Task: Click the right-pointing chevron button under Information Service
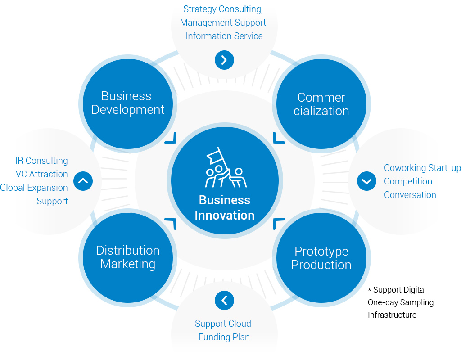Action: tap(224, 60)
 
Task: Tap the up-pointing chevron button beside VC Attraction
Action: tap(83, 181)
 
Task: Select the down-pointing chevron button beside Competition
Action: tap(366, 181)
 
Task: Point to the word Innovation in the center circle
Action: tap(225, 216)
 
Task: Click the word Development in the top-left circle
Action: tap(128, 110)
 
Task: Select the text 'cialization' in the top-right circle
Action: tap(321, 111)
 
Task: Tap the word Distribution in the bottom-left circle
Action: tap(128, 250)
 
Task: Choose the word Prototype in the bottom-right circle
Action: tap(321, 252)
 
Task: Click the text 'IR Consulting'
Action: tap(41, 161)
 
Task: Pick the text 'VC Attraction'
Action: tap(42, 174)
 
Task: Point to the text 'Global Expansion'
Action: tap(34, 188)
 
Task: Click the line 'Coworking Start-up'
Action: tap(422, 168)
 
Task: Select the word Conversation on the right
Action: tap(410, 195)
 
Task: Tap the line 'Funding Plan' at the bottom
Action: tap(224, 337)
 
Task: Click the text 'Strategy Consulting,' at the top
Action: tap(223, 9)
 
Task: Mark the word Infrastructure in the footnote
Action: tap(392, 315)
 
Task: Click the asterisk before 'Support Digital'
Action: tap(370, 290)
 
